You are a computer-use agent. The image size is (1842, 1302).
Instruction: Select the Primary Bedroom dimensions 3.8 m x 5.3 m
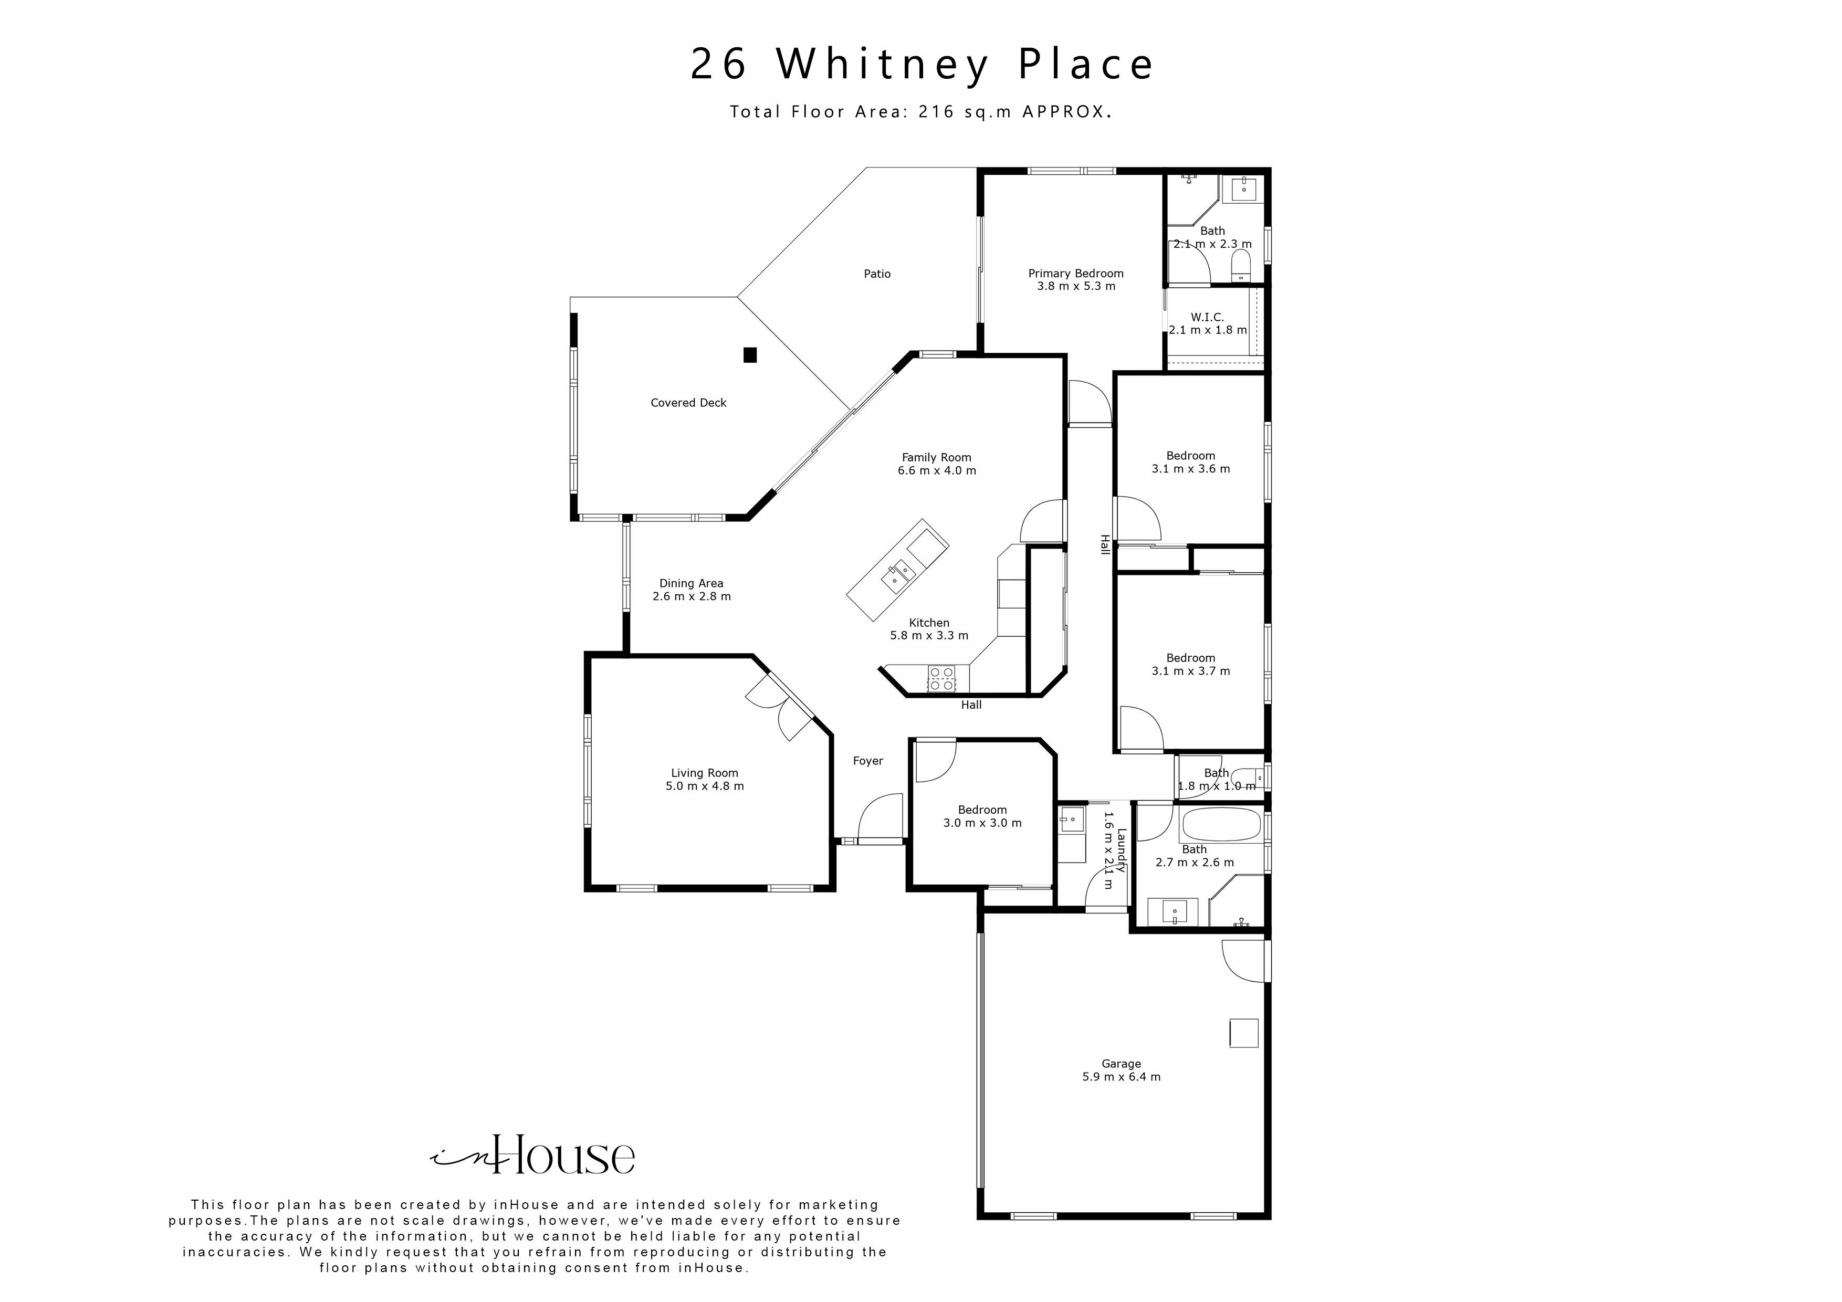[1076, 287]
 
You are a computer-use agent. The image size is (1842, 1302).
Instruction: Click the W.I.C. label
[1207, 318]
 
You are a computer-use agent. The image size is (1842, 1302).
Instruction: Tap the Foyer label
[867, 761]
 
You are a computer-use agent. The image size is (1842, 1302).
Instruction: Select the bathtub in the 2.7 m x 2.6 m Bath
[1221, 824]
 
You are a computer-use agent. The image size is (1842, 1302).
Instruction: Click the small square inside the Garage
[1243, 1033]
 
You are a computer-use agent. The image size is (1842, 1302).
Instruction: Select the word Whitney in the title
[883, 64]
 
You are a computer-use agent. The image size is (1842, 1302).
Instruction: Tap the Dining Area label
[691, 584]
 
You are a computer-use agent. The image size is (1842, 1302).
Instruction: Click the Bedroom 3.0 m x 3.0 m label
[982, 810]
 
